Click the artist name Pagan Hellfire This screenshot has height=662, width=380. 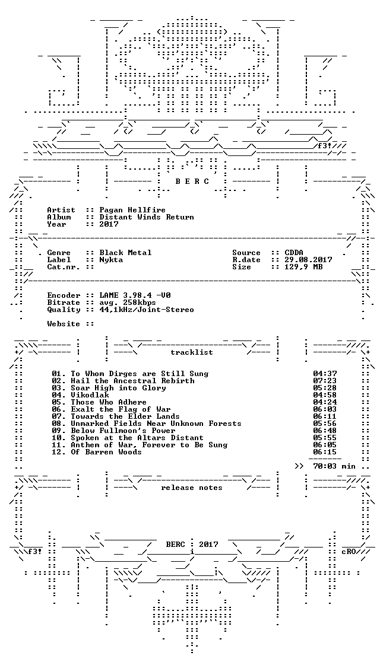pyautogui.click(x=132, y=210)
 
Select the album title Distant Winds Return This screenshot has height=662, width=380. pyautogui.click(x=147, y=217)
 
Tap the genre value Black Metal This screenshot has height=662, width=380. pyautogui.click(x=125, y=253)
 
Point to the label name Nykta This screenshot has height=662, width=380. pyautogui.click(x=111, y=260)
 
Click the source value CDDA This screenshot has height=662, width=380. pyautogui.click(x=294, y=253)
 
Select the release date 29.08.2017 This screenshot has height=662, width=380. pyautogui.click(x=308, y=260)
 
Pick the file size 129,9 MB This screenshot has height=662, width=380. pyautogui.click(x=303, y=267)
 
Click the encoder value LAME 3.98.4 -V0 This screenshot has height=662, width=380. pyautogui.click(x=135, y=295)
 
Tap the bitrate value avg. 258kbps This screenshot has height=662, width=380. pyautogui.click(x=128, y=303)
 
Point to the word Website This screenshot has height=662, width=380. pyautogui.click(x=64, y=324)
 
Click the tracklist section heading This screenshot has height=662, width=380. pyautogui.click(x=191, y=352)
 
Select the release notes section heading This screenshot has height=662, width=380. pyautogui.click(x=191, y=488)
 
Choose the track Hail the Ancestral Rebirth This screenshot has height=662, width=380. pyautogui.click(x=132, y=380)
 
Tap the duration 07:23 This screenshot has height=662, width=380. pyautogui.click(x=325, y=380)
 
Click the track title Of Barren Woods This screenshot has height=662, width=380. pyautogui.click(x=106, y=452)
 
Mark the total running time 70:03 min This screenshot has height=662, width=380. pyautogui.click(x=334, y=466)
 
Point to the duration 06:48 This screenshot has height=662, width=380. pyautogui.click(x=325, y=430)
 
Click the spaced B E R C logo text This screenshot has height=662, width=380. pyautogui.click(x=192, y=182)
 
